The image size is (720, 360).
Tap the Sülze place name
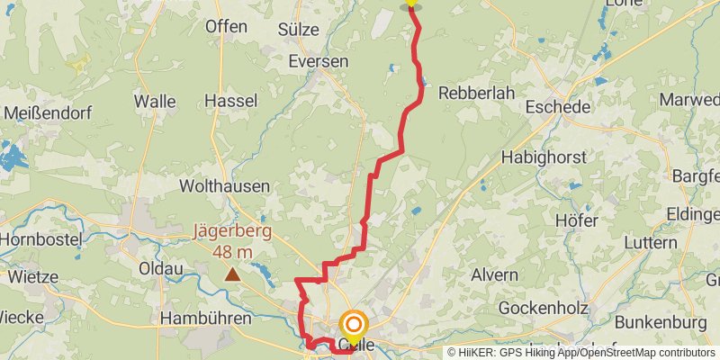298,29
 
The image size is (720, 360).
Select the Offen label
226,26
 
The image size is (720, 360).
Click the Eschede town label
561,107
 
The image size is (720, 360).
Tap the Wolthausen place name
225,186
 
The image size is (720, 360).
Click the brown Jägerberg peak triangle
233,274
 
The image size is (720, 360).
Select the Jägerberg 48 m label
232,241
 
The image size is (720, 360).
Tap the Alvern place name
494,274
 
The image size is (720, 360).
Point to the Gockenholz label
543,308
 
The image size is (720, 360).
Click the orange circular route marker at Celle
354,325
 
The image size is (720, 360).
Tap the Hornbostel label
41,240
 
